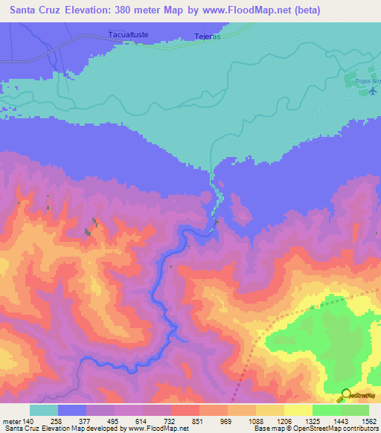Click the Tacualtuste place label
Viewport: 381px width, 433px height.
tap(129, 34)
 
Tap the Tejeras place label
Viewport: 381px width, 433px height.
tap(208, 35)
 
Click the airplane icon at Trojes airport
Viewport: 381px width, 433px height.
tap(373, 92)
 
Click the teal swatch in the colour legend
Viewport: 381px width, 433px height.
tap(44, 410)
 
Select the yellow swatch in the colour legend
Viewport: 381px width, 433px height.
tap(298, 410)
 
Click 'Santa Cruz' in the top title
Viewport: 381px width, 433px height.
tap(32, 10)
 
